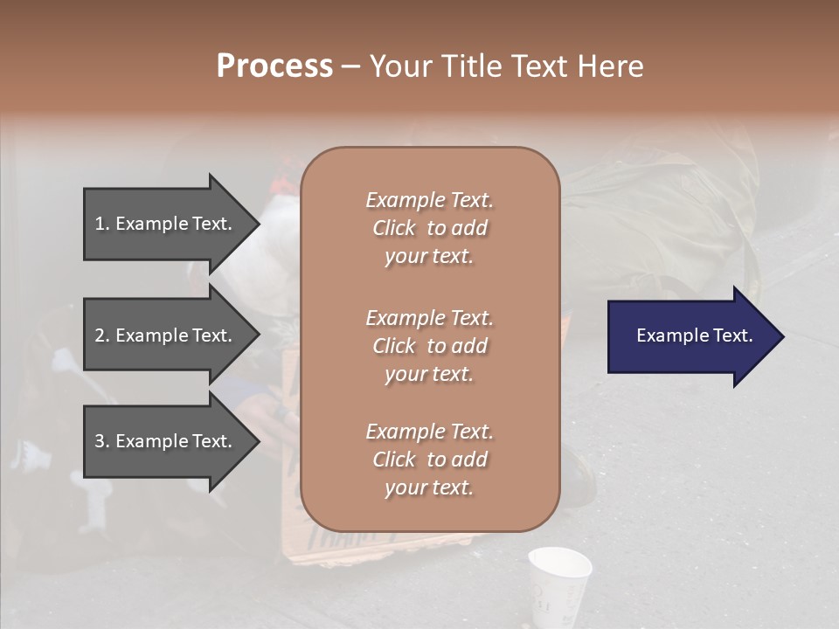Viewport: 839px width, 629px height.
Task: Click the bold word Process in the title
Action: (x=274, y=66)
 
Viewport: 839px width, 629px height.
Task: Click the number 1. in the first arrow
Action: (x=102, y=224)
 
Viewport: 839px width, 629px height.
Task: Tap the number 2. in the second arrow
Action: (x=102, y=335)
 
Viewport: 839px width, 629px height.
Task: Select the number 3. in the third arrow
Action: (x=102, y=441)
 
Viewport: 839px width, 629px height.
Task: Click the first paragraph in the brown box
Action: (x=429, y=228)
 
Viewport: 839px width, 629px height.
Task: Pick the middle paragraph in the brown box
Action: (x=429, y=346)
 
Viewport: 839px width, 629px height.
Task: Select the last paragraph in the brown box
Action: (x=429, y=460)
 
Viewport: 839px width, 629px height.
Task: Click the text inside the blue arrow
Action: (x=695, y=335)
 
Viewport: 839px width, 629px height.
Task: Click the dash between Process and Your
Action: (x=350, y=67)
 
